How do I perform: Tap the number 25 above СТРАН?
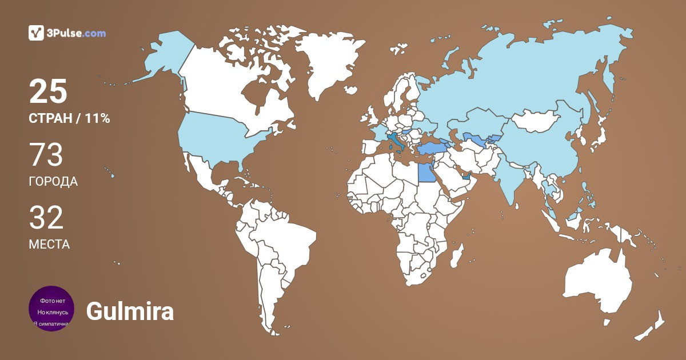click(x=48, y=91)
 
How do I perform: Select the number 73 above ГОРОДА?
click(x=46, y=155)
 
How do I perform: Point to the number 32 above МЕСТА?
click(x=46, y=218)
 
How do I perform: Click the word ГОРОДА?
click(x=53, y=182)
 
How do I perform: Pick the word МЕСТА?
click(x=49, y=245)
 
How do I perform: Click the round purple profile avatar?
click(x=51, y=309)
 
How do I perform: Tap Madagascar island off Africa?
click(x=457, y=255)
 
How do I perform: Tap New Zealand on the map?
click(x=652, y=326)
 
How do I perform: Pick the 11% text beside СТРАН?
click(x=97, y=119)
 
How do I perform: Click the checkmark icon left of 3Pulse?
click(x=36, y=33)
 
